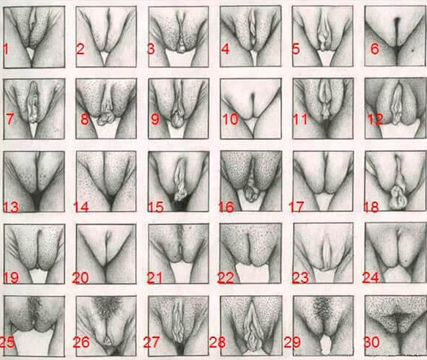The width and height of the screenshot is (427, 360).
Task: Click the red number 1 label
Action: coord(6,49)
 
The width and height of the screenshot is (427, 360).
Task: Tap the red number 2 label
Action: coord(81,49)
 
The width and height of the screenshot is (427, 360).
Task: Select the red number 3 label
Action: coord(151,49)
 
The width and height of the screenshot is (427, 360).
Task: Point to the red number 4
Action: coord(225,49)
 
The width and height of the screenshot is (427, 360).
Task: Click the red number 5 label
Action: coord(295,49)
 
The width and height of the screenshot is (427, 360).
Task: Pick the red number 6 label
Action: coord(375,49)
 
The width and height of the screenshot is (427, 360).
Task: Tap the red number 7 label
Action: coord(10,120)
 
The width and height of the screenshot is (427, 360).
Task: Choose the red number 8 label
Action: coord(85,120)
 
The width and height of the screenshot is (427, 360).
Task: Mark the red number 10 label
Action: coord(231,120)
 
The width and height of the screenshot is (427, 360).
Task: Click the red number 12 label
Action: coord(375,120)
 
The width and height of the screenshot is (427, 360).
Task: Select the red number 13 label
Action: coord(11,207)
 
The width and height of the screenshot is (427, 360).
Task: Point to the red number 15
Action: coord(156,207)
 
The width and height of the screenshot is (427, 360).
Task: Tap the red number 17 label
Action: coord(297,207)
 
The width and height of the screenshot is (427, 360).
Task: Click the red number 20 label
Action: coord(81,278)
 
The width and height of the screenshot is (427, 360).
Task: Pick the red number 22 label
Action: coord(226,278)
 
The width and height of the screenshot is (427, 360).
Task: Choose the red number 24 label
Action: coord(371,278)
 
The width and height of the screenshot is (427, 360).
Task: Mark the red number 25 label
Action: coord(7,342)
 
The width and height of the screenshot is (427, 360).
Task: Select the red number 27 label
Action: coord(152,342)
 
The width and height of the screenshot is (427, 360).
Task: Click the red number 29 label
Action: coord(292,342)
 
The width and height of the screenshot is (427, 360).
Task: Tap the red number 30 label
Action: coord(372,342)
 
